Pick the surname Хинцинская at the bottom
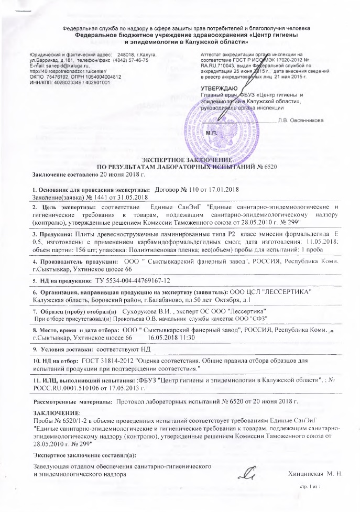click(x=306, y=474)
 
